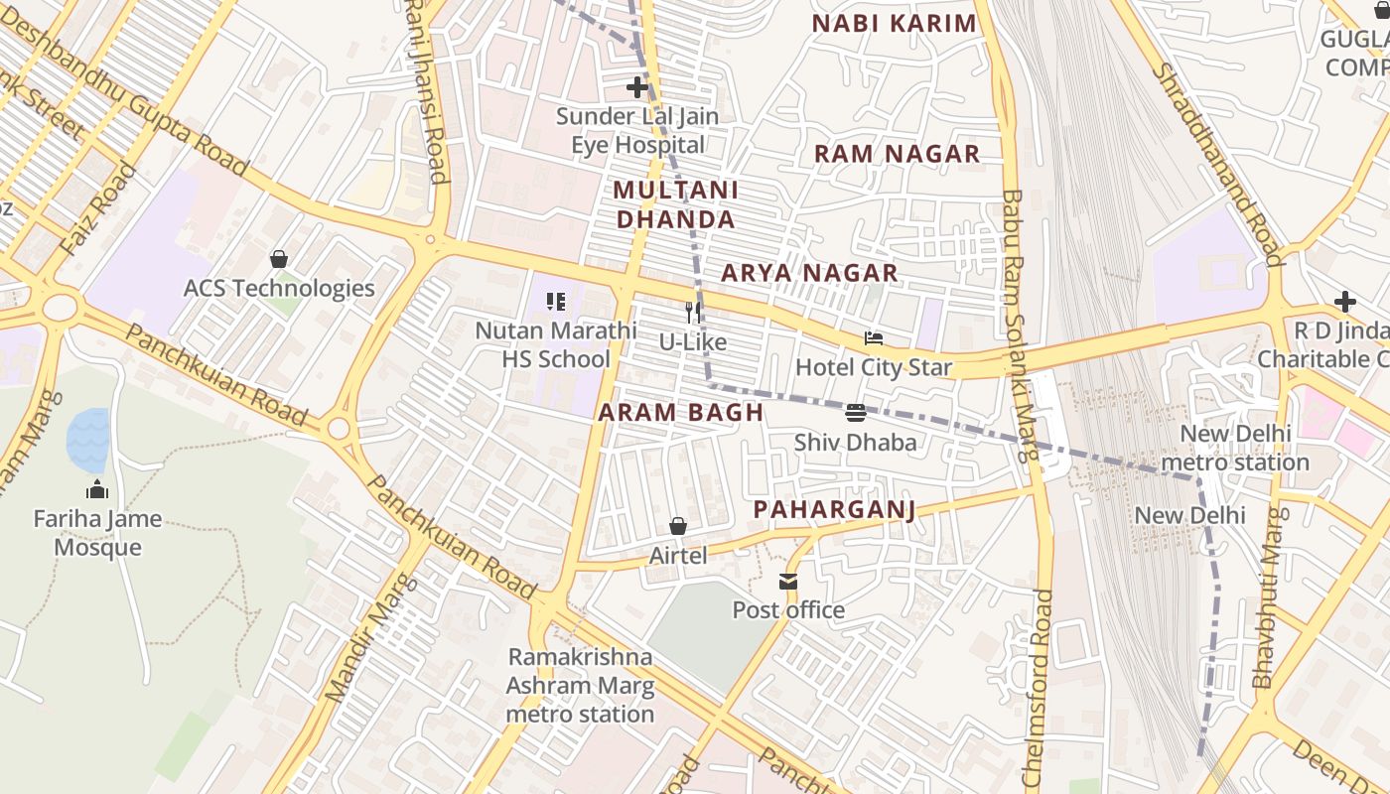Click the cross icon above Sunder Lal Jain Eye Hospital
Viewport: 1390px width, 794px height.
tap(637, 87)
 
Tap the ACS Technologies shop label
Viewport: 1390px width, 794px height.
tap(279, 289)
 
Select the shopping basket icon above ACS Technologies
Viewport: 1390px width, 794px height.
tap(279, 259)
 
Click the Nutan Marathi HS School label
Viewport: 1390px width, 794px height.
tap(555, 344)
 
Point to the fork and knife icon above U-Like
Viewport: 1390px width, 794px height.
tap(693, 312)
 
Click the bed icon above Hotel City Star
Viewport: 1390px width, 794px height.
tap(874, 338)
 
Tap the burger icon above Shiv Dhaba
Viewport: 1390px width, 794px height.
tap(856, 413)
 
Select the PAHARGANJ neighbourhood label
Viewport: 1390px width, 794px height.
tap(833, 509)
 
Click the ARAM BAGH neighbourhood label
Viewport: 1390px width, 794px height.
tap(681, 413)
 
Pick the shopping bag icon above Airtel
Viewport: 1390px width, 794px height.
tap(678, 526)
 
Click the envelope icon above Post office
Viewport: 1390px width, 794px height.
tap(788, 581)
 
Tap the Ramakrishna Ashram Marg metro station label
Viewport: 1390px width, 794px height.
tap(580, 685)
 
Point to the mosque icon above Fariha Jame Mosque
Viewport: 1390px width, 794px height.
tap(97, 489)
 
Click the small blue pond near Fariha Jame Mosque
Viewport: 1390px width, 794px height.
tap(87, 440)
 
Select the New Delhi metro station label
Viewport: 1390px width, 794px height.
tap(1235, 448)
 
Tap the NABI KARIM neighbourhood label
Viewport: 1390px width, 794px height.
tap(895, 24)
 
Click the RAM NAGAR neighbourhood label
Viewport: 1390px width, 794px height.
tap(897, 154)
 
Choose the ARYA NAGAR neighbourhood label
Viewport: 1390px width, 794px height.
tap(809, 273)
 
